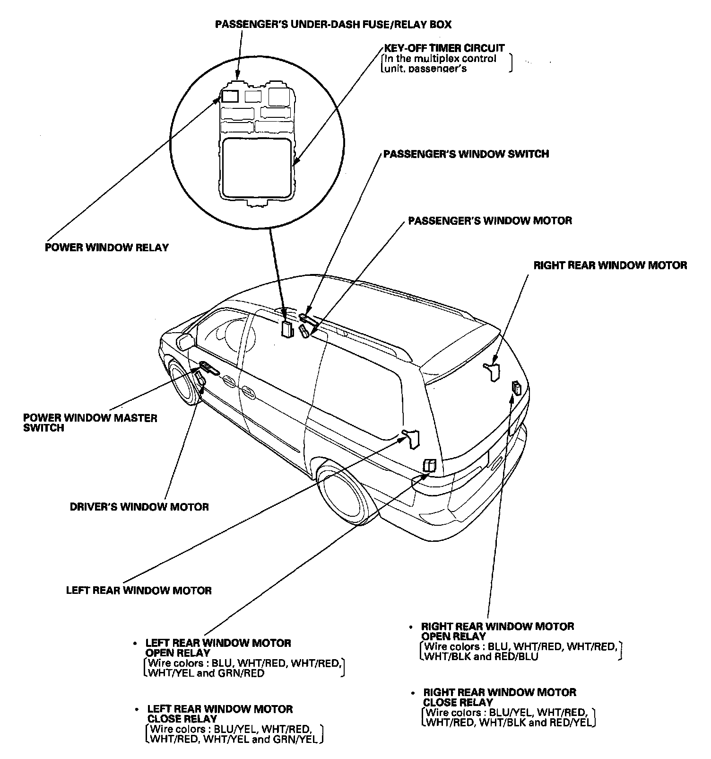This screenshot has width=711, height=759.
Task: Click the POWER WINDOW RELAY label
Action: [x=106, y=247]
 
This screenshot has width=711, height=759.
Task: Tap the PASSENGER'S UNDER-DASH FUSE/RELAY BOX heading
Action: [x=333, y=24]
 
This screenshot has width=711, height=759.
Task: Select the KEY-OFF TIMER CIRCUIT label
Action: [x=444, y=48]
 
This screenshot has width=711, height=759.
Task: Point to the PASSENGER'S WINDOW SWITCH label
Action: [x=466, y=154]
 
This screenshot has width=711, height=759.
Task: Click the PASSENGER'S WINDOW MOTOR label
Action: [x=490, y=221]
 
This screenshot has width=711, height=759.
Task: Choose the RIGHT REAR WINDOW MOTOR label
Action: [x=610, y=265]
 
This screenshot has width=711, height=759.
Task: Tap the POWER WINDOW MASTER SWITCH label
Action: [x=90, y=423]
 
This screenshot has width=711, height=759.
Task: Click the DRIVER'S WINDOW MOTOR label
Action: [x=139, y=507]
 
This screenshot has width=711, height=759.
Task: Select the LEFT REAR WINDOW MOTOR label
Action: [x=139, y=590]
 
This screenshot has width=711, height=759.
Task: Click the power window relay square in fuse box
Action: [x=230, y=96]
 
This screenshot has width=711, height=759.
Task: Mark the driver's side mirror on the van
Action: [x=185, y=342]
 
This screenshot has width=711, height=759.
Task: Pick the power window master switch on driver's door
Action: [x=208, y=367]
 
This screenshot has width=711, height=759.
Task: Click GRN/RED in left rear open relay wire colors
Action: [x=241, y=673]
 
